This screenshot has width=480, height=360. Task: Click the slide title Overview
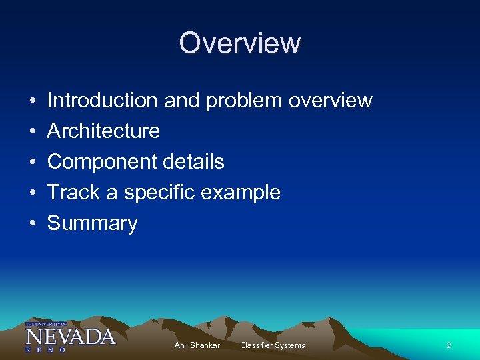pyautogui.click(x=240, y=43)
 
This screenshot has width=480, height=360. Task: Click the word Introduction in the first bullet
pyautogui.click(x=101, y=101)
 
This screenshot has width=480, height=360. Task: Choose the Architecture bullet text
pyautogui.click(x=103, y=131)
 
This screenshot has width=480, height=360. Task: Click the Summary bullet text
pyautogui.click(x=92, y=223)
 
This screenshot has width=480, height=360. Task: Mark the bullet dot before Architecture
pyautogui.click(x=33, y=131)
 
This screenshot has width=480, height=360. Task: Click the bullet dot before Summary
pyautogui.click(x=33, y=224)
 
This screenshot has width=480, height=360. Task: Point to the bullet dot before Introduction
pyautogui.click(x=33, y=101)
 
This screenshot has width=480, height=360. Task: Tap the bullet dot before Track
pyautogui.click(x=33, y=193)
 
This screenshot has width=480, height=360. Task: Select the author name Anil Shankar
pyautogui.click(x=197, y=345)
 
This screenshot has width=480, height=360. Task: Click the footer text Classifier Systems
pyautogui.click(x=272, y=345)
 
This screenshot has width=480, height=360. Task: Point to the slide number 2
pyautogui.click(x=449, y=345)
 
